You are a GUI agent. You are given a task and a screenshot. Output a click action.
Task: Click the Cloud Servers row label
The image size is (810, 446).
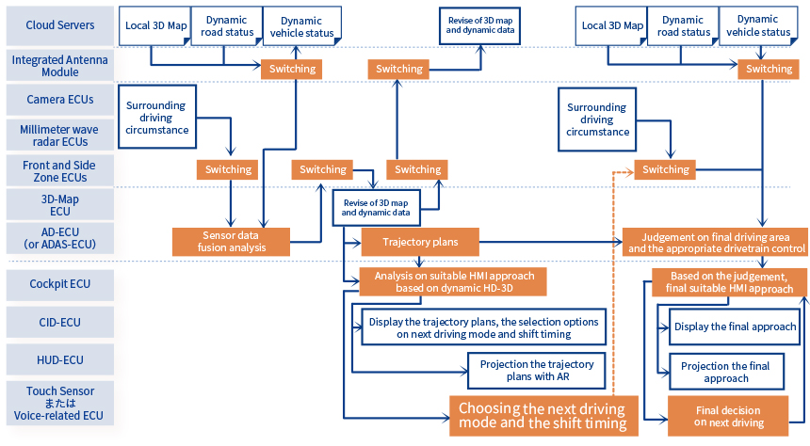click(59, 25)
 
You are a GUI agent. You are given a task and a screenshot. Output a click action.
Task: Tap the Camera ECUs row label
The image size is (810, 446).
click(59, 100)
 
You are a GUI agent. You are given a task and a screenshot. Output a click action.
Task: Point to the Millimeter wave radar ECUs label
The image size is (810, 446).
click(59, 135)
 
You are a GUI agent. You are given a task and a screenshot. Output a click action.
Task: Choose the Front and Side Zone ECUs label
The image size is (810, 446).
click(59, 169)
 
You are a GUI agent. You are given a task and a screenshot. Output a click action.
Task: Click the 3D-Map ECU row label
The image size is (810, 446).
click(59, 204)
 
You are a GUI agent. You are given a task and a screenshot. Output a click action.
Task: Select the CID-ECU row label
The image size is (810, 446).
click(59, 322)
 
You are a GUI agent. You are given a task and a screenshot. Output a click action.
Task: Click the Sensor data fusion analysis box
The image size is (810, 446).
click(231, 241)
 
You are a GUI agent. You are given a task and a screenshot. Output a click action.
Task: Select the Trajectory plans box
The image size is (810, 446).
click(420, 242)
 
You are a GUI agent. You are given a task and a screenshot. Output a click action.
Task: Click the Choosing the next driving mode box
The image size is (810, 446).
click(543, 416)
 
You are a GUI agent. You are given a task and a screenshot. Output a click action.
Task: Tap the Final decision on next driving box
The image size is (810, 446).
click(727, 417)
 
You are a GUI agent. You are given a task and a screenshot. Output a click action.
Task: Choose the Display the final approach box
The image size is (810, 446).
click(735, 327)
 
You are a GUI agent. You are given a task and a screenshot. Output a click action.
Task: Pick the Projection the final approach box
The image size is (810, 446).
click(725, 372)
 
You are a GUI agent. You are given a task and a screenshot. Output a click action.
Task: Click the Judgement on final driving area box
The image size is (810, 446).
click(714, 242)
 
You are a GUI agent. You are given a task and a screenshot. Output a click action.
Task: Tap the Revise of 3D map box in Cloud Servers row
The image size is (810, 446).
click(479, 24)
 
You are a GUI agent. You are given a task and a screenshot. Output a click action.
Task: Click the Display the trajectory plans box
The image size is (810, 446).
click(482, 327)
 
